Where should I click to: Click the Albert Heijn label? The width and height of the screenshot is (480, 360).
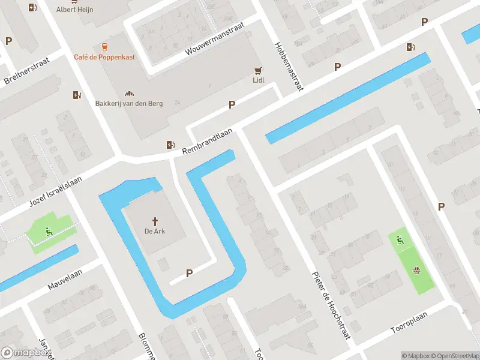pyautogui.click(x=74, y=9)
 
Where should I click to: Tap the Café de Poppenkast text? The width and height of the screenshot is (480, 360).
pyautogui.click(x=104, y=57)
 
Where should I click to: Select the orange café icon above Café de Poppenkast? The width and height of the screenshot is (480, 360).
pyautogui.click(x=105, y=46)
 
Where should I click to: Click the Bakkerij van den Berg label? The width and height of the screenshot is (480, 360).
pyautogui.click(x=128, y=103)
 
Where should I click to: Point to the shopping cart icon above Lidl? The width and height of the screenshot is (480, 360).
pyautogui.click(x=258, y=70)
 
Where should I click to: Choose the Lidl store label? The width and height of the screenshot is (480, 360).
pyautogui.click(x=258, y=80)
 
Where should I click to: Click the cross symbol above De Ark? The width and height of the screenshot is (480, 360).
pyautogui.click(x=155, y=221)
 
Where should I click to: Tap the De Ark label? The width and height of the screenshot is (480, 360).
pyautogui.click(x=155, y=231)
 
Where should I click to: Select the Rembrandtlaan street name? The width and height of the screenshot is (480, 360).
pyautogui.click(x=208, y=144)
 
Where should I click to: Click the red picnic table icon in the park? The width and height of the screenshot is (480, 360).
pyautogui.click(x=416, y=269)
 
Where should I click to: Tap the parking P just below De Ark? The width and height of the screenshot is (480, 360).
pyautogui.click(x=189, y=273)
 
